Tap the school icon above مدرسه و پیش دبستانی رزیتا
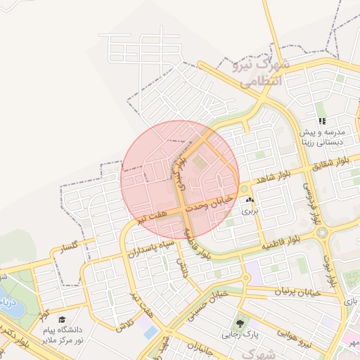pyautogui.click(x=322, y=121)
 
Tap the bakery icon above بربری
pyautogui.click(x=250, y=200)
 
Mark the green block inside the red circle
pyautogui.click(x=199, y=162)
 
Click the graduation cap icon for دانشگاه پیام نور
pyautogui.click(x=62, y=320)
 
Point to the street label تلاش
pyautogui.click(x=124, y=326)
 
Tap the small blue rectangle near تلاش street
pyautogui.click(x=150, y=331)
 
